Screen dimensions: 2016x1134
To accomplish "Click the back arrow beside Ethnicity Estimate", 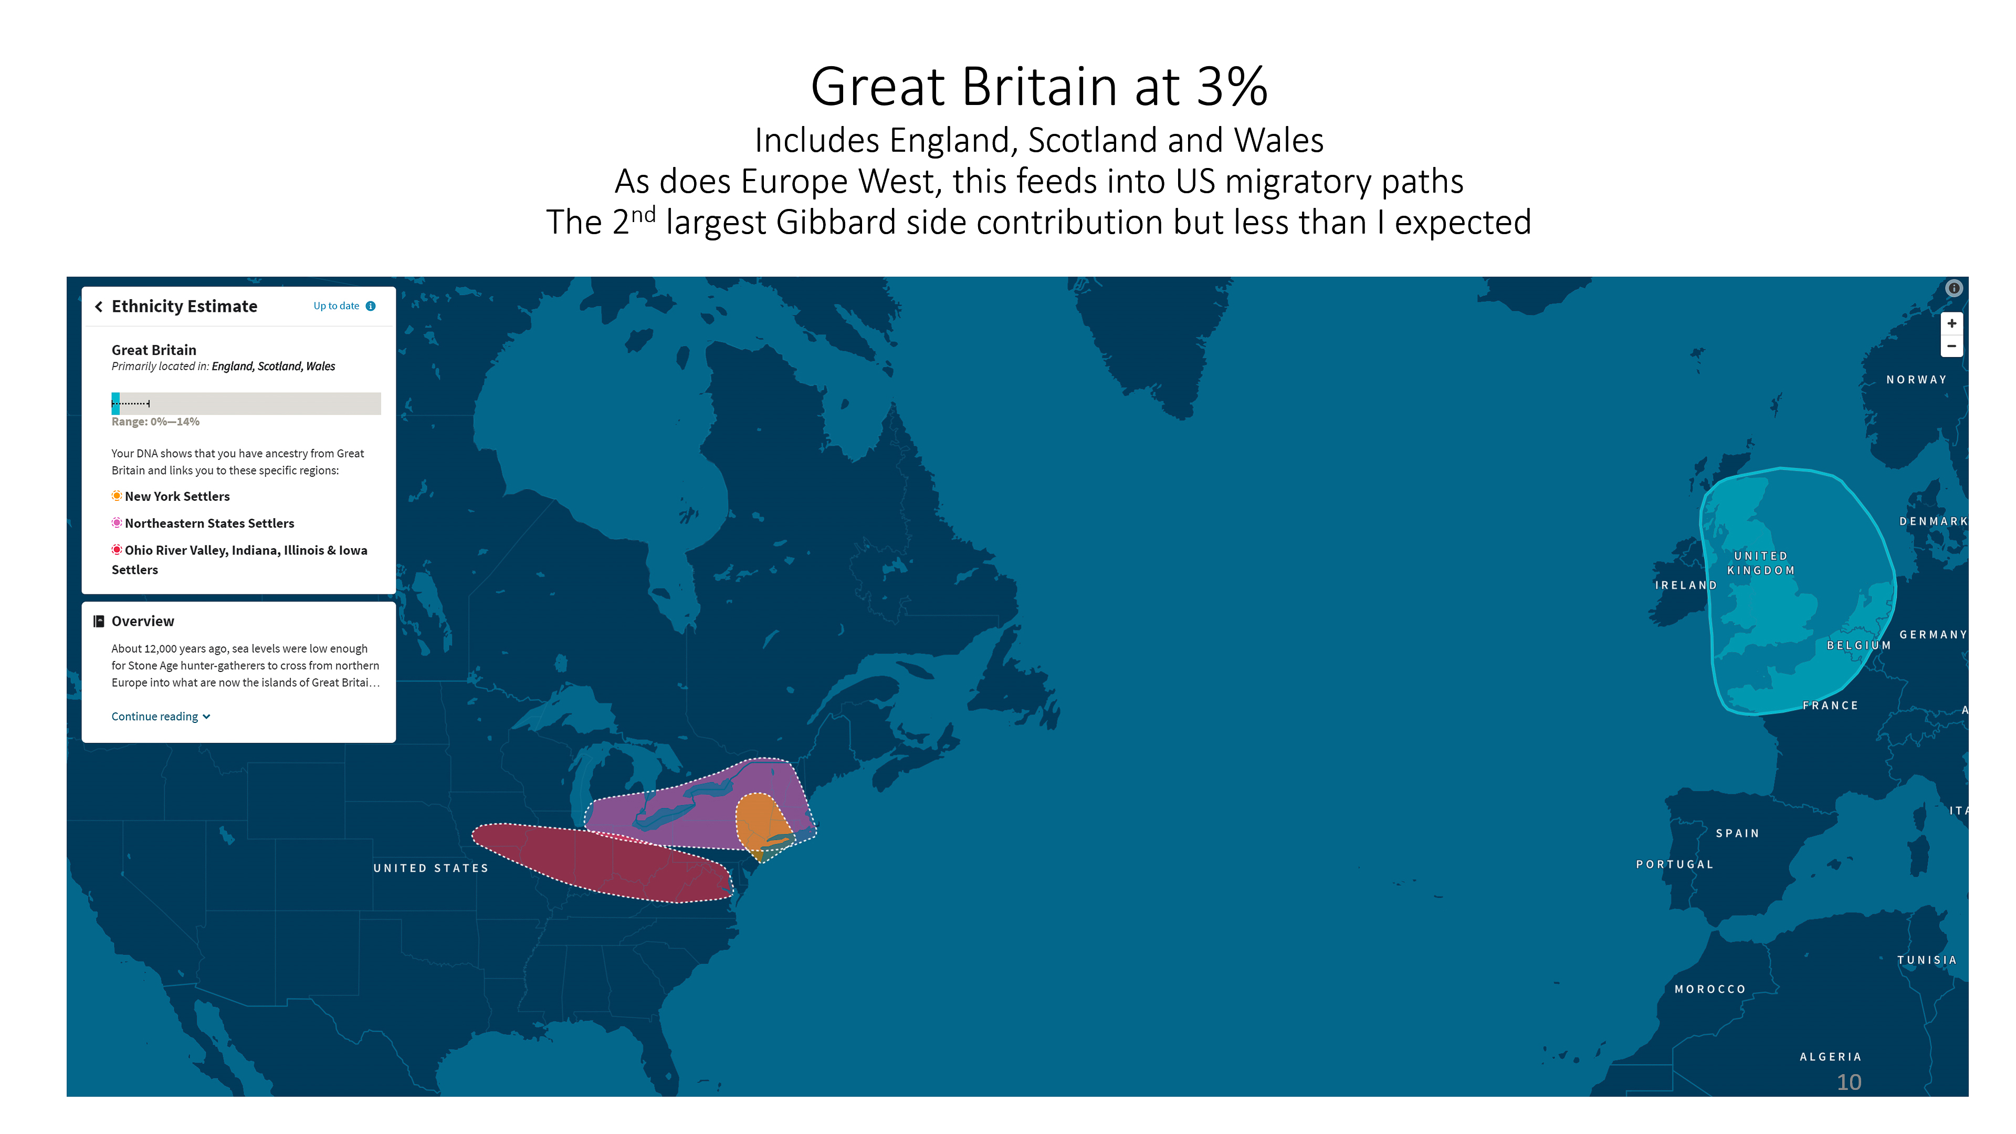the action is point(99,307).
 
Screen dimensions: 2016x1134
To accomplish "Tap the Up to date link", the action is point(337,306).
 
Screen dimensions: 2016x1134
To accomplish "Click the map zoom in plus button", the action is point(1952,323).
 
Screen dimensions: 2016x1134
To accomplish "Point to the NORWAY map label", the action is point(1916,380).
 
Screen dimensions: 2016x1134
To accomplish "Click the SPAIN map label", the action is point(1737,834).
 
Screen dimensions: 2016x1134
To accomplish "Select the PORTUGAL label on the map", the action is point(1675,865).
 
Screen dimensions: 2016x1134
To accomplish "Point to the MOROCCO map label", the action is point(1710,989).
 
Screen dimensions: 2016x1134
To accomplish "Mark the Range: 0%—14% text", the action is point(155,422).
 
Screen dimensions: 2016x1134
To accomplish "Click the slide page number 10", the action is point(1849,1083).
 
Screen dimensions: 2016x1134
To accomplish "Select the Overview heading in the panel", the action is point(142,622).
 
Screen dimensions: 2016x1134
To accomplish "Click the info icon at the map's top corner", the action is point(1954,288).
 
